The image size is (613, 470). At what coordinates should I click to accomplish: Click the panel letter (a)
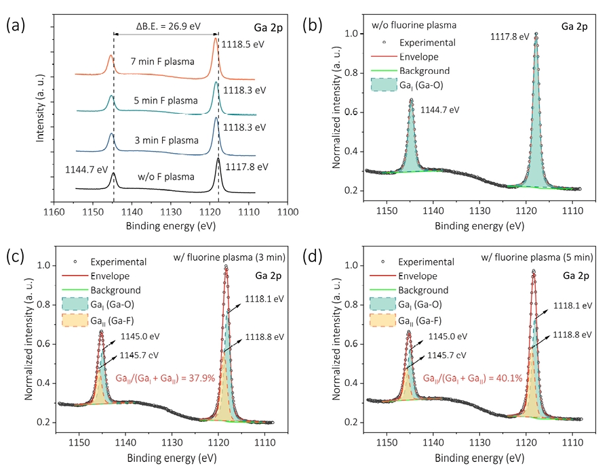(16, 26)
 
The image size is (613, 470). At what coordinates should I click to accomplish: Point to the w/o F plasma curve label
(166, 177)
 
